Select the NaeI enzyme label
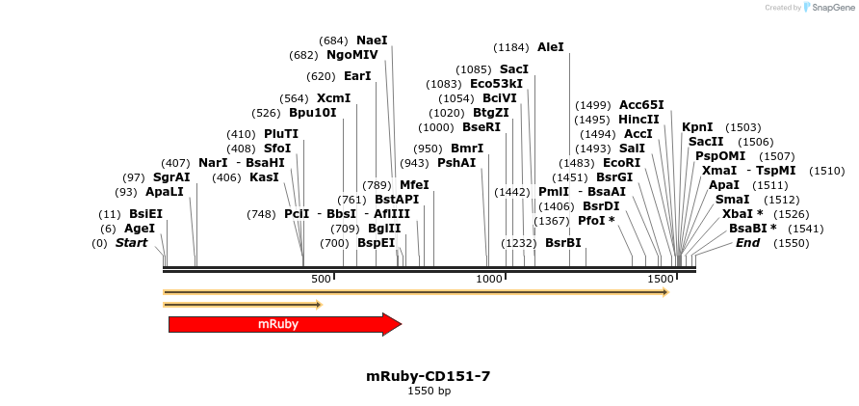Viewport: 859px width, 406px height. point(372,41)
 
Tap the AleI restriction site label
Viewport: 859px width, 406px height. point(551,46)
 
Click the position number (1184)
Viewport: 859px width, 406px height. point(511,46)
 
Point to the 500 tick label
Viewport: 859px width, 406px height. point(321,279)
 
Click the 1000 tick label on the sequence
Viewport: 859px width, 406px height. point(490,279)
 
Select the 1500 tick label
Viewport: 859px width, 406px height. point(660,279)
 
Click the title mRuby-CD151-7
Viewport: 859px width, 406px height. point(429,376)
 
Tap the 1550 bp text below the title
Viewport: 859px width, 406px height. point(429,391)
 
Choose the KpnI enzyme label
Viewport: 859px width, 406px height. point(697,127)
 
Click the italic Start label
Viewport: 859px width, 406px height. point(132,243)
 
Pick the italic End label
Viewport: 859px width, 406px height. point(747,243)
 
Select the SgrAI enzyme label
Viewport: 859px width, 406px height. point(171,177)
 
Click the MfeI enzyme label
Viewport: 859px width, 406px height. point(414,184)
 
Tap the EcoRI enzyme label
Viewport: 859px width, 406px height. point(621,163)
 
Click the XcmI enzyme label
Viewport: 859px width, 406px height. point(333,98)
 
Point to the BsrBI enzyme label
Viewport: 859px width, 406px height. point(563,243)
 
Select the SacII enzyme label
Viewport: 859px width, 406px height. point(706,142)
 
